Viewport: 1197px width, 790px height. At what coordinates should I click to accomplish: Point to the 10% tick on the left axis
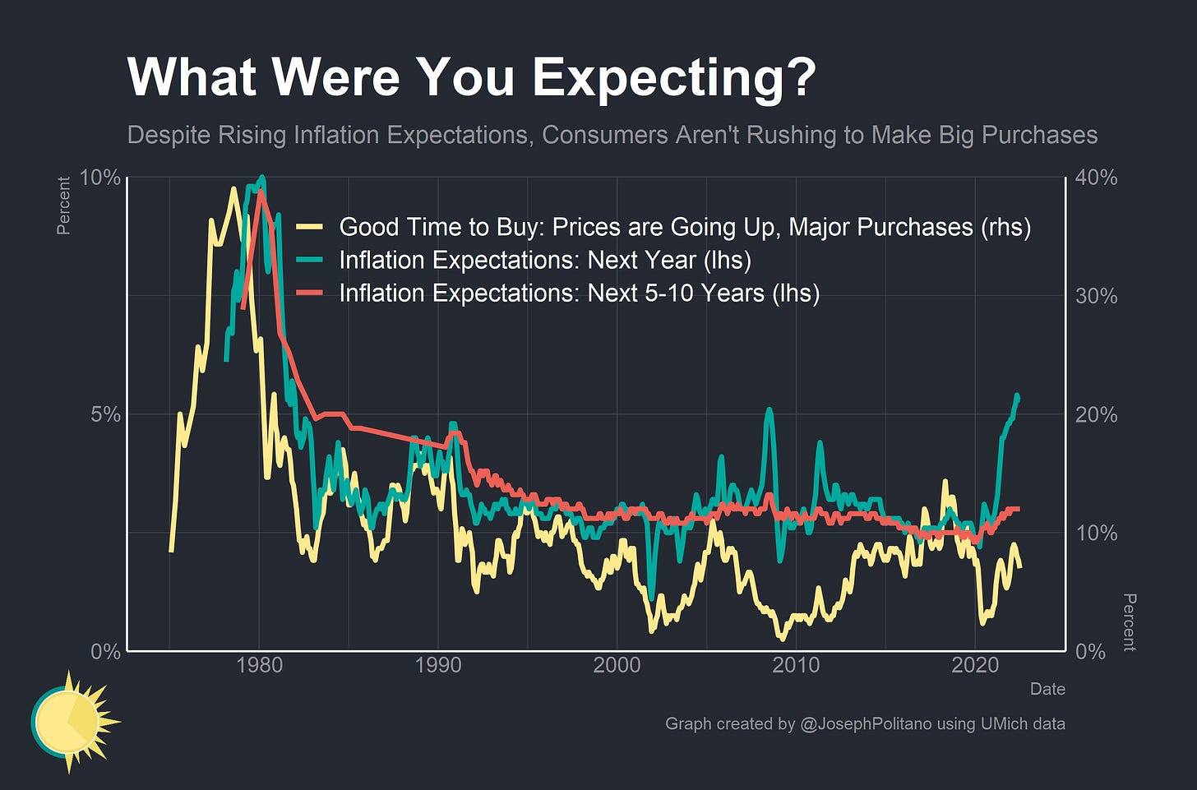click(x=99, y=178)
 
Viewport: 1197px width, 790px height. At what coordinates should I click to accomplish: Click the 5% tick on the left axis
click(x=105, y=415)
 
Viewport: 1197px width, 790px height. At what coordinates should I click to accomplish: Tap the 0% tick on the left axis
click(x=105, y=652)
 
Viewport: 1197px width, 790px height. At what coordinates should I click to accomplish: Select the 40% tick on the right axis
click(x=1097, y=178)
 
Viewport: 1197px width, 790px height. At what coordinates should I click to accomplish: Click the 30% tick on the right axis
click(x=1097, y=297)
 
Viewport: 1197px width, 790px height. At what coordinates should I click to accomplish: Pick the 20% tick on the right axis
click(x=1097, y=415)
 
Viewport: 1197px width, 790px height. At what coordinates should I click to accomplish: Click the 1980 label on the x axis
click(x=259, y=665)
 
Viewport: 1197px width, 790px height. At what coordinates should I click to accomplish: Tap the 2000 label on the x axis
click(x=617, y=665)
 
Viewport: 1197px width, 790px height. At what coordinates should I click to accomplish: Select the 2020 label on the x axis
click(x=974, y=665)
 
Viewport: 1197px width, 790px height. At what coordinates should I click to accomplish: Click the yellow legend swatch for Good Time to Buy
click(x=311, y=228)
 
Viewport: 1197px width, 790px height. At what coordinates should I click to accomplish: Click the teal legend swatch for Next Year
click(x=311, y=261)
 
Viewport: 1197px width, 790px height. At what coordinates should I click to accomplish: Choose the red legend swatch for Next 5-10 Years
click(x=311, y=293)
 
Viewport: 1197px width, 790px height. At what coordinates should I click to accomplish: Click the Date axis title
click(x=1047, y=690)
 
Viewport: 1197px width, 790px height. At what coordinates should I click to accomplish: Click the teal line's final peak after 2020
click(x=1017, y=396)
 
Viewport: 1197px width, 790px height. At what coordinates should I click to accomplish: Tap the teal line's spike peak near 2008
click(x=769, y=409)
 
